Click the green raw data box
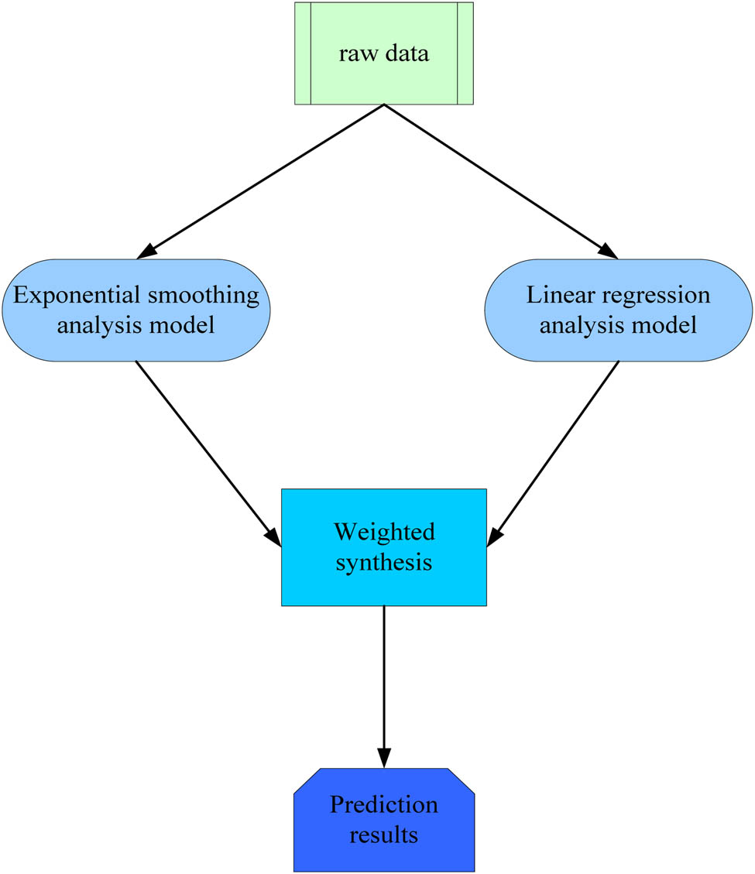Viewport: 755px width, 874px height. pyautogui.click(x=383, y=53)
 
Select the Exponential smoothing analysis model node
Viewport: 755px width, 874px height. pyautogui.click(x=136, y=310)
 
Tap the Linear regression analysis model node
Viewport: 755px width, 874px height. pyautogui.click(x=618, y=310)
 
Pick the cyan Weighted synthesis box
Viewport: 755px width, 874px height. pyautogui.click(x=383, y=547)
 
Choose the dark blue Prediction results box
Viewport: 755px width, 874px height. pyautogui.click(x=383, y=820)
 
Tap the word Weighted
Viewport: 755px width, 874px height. pyautogui.click(x=383, y=532)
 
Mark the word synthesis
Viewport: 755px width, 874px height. pyautogui.click(x=383, y=561)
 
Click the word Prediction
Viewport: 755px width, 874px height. pyautogui.click(x=383, y=805)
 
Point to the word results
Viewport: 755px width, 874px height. pyautogui.click(x=383, y=835)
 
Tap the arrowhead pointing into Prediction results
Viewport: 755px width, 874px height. pyautogui.click(x=383, y=758)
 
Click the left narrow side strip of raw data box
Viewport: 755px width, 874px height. pyautogui.click(x=302, y=53)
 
